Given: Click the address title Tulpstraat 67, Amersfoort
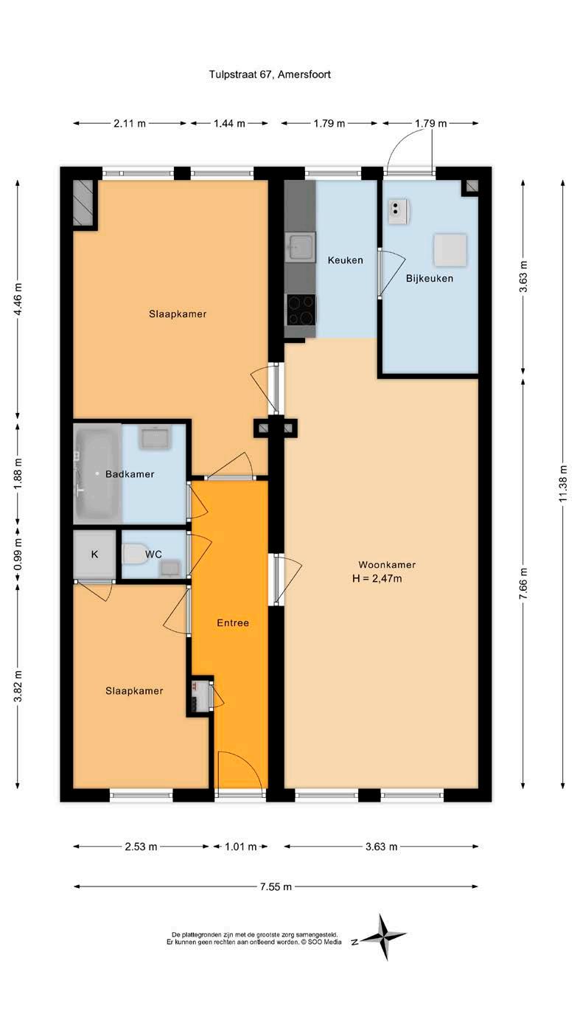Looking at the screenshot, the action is [x=270, y=74].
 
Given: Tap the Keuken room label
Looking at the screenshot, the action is [x=345, y=260].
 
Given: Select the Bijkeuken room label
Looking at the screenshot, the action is [x=429, y=279].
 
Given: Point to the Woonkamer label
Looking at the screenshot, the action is [x=387, y=564].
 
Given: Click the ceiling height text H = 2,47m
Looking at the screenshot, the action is [x=377, y=579].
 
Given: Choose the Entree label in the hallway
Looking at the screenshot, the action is [x=233, y=622].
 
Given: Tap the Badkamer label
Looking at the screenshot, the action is [x=130, y=474].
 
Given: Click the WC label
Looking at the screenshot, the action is [x=153, y=554].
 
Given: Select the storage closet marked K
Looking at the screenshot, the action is [x=94, y=554].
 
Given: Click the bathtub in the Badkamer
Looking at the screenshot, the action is [x=97, y=473].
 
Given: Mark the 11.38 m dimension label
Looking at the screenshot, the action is [x=564, y=483].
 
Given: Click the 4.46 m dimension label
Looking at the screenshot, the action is [x=18, y=299].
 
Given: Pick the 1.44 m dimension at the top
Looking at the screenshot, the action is [x=229, y=123].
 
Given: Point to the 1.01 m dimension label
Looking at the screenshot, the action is [x=240, y=847].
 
